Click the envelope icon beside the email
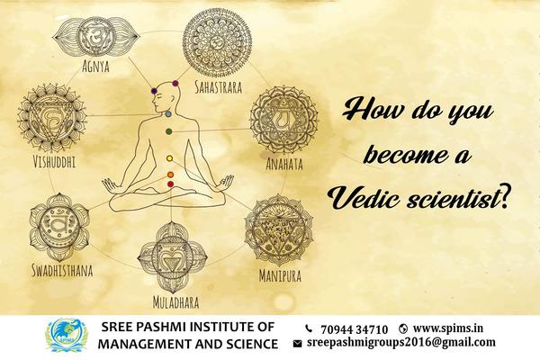(298, 344)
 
